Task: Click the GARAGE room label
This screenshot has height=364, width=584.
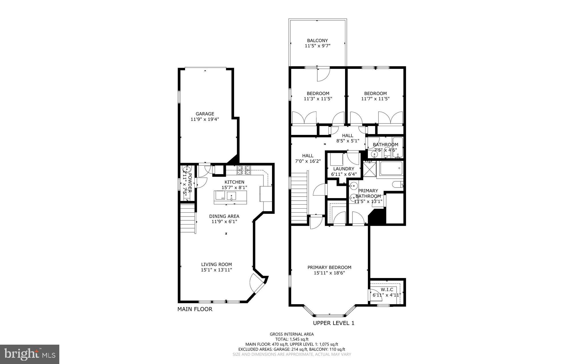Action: pos(205,114)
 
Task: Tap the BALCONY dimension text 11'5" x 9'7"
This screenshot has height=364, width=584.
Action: pos(317,46)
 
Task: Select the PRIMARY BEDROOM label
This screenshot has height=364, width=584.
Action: pos(329,267)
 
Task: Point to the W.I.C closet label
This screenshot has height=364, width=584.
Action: pos(387,289)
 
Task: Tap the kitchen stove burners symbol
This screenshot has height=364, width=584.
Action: pos(244,170)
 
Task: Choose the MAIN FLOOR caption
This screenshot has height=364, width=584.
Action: pos(195,309)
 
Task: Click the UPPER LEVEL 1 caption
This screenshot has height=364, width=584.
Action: pos(333,323)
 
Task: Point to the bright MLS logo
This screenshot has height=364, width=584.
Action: pos(30,354)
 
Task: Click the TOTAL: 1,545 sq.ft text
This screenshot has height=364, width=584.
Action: pos(291,339)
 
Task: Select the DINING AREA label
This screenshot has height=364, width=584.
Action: pos(224,216)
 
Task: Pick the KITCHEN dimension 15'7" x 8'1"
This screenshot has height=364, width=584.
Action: pos(234,188)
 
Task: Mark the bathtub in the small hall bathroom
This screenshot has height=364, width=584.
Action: pos(397,147)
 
